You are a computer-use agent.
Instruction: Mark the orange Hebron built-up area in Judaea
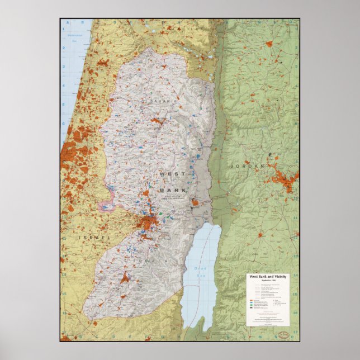point(124,278)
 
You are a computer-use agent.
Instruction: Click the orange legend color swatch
point(250,301)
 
